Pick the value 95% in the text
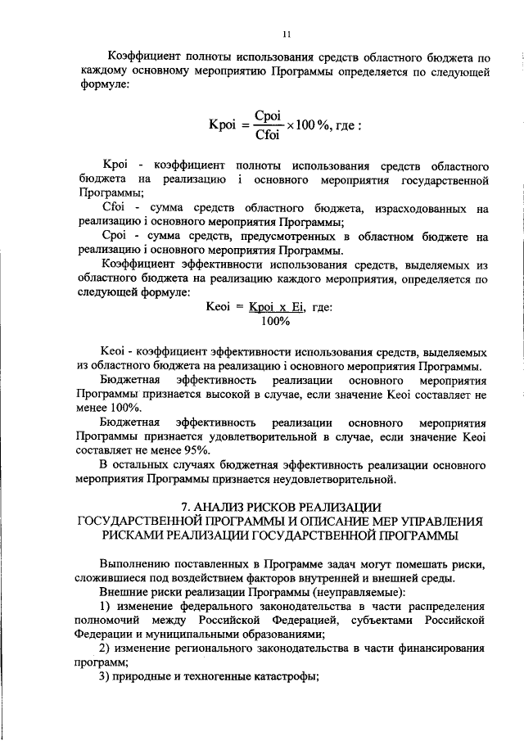click(196, 450)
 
